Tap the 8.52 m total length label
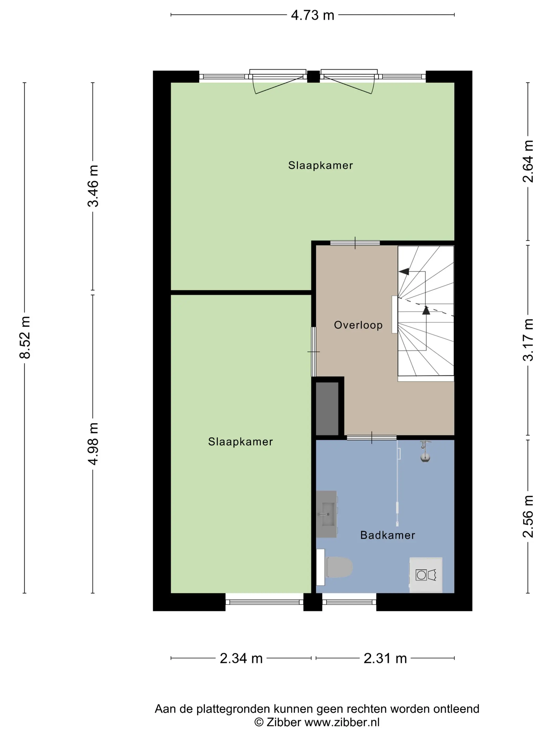25,338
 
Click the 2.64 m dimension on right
528,161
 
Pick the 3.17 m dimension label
528,340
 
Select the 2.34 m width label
241,658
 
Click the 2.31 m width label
385,658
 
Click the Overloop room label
358,325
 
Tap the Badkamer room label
388,535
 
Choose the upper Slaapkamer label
320,165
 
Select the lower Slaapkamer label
240,442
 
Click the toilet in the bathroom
339,567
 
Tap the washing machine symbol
426,575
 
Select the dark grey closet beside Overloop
327,408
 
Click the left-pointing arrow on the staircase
404,272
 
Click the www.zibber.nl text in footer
342,722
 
